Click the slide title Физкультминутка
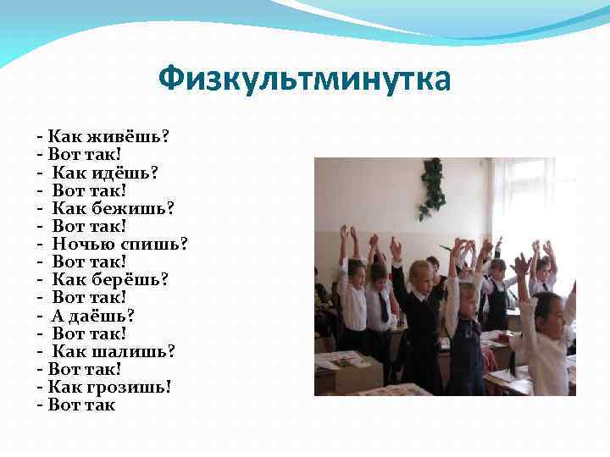pos(304,80)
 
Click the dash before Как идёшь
pos(40,172)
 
